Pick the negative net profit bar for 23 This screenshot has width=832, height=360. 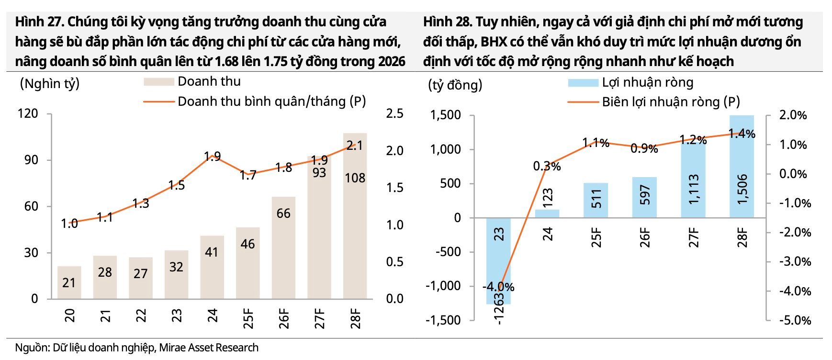(x=498, y=261)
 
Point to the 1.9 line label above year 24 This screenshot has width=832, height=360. (x=212, y=157)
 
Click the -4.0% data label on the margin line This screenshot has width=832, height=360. (x=498, y=287)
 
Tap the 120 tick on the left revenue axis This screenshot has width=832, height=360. (x=27, y=113)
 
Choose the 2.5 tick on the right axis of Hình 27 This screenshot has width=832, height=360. (x=394, y=113)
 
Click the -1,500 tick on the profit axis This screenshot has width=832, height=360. (x=443, y=320)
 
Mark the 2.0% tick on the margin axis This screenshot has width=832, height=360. (x=793, y=115)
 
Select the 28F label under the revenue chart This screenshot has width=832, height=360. (x=355, y=318)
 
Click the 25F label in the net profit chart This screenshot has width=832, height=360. (x=596, y=237)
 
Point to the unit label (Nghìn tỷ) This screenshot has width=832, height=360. (x=49, y=84)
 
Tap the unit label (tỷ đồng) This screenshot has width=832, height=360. (x=455, y=85)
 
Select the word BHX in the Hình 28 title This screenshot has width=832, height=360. (x=494, y=42)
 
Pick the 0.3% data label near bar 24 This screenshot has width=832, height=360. (x=547, y=167)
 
